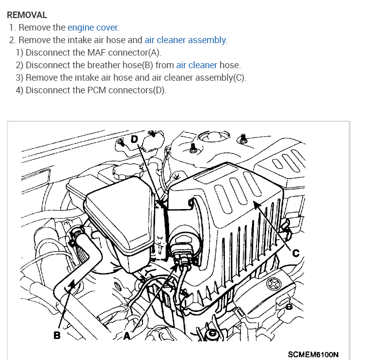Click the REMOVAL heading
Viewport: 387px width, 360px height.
pos(27,15)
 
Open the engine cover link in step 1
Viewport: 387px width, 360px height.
pos(93,28)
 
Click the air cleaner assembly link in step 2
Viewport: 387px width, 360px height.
pos(185,40)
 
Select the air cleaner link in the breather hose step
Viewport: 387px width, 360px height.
pos(196,65)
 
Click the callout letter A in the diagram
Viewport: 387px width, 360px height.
pos(126,336)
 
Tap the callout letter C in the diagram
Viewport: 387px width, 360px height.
pos(296,253)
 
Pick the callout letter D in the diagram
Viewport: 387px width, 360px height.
pos(134,138)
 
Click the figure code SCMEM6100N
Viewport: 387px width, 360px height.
pos(313,354)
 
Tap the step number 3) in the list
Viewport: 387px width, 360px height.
pos(20,78)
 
